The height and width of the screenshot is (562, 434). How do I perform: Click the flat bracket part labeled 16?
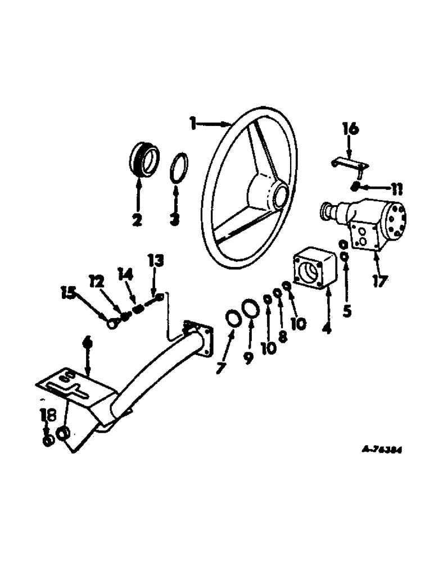349,164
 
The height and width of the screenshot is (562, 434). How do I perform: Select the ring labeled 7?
232,318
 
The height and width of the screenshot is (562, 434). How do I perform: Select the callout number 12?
97,280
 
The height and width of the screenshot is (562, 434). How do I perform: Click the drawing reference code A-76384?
383,450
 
